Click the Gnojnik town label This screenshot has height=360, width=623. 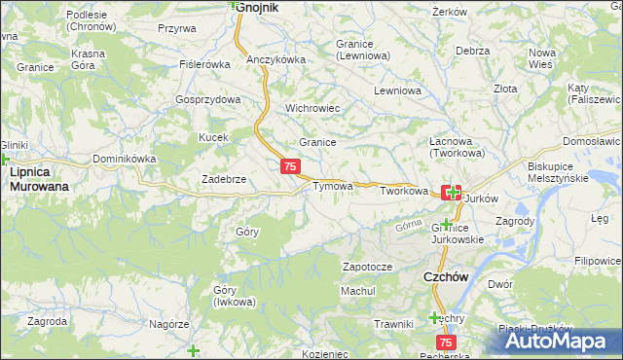point(258,7)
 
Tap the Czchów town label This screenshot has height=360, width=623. point(448,276)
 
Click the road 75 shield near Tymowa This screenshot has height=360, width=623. point(290,167)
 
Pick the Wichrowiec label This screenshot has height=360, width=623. point(311,108)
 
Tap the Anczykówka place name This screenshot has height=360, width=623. point(276,59)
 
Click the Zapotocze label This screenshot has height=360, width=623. point(367,266)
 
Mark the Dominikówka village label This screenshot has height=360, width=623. point(124,158)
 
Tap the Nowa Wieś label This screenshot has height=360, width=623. point(540,56)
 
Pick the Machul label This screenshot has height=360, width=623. point(357,291)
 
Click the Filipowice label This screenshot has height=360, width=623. point(597,261)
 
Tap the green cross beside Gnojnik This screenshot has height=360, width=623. point(234,4)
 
